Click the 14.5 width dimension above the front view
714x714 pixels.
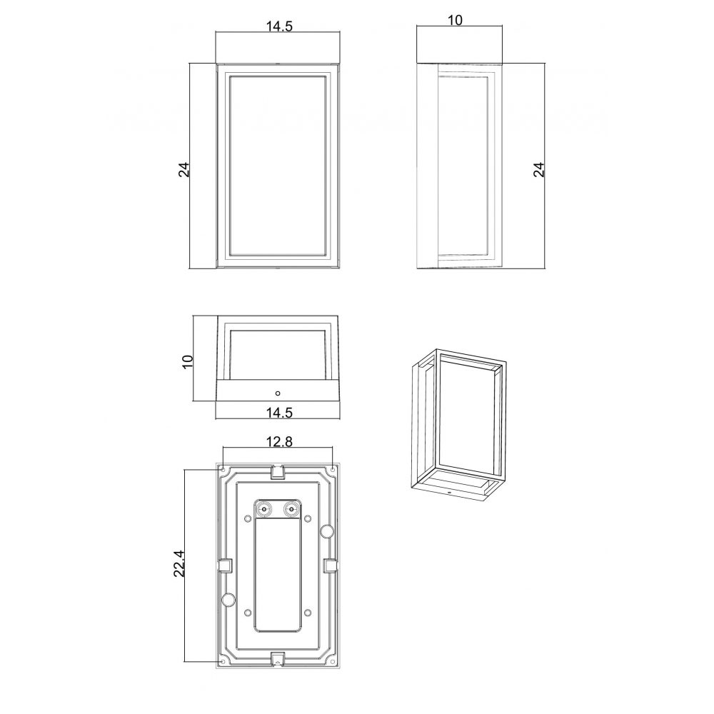(278, 26)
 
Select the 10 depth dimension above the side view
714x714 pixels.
(455, 20)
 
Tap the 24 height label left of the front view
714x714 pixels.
(183, 169)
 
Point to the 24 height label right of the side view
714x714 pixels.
(538, 169)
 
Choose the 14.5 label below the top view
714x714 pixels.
(278, 413)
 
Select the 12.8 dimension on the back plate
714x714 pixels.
(279, 441)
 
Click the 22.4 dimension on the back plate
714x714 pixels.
(179, 564)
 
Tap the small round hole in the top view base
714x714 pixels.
(278, 393)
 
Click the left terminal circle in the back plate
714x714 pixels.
(263, 508)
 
